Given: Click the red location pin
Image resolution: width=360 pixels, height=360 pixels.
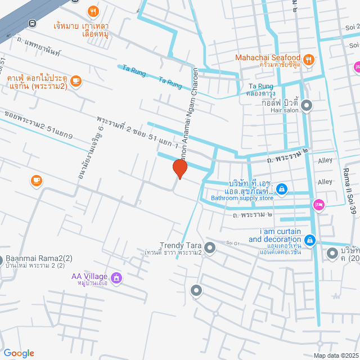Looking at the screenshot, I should point(179,169).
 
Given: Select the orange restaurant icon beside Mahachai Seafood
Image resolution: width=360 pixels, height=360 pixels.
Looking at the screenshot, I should point(308,59).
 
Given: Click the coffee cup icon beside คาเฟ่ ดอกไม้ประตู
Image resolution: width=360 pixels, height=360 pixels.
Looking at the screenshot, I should point(76,82).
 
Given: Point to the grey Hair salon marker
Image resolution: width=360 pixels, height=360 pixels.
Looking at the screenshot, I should point(307,105).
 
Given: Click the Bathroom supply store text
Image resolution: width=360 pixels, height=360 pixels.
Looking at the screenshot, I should point(242,198).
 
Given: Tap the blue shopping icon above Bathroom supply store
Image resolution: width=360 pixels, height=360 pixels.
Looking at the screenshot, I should point(282,190).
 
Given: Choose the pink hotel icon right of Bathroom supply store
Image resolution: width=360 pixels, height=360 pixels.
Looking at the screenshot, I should point(318,205).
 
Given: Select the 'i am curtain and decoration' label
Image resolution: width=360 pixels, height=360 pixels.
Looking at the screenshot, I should point(280,235).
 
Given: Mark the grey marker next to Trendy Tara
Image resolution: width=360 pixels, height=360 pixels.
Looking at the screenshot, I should point(210,247).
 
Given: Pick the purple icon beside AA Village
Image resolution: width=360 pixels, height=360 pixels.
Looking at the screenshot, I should point(116,277).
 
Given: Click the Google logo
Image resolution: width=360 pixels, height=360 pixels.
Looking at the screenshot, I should point(19,353).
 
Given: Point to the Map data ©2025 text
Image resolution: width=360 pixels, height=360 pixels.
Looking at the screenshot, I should point(335,355).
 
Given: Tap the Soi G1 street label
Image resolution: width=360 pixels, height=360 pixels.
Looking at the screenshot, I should point(233,242).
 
